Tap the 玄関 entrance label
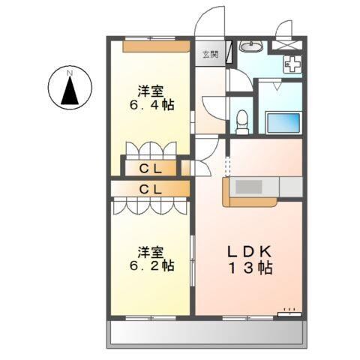(209, 54)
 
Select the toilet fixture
(241, 118)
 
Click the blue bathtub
(283, 121)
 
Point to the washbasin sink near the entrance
(252, 48)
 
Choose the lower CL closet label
(151, 189)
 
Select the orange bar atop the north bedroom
(156, 46)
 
